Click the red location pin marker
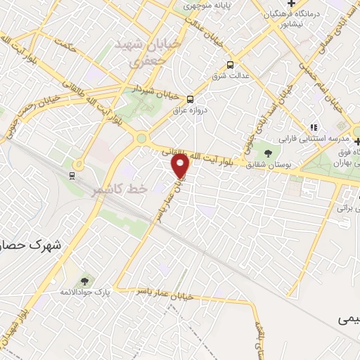click(x=181, y=166)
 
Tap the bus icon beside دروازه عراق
click(x=190, y=99)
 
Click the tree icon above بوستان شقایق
click(x=267, y=152)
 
